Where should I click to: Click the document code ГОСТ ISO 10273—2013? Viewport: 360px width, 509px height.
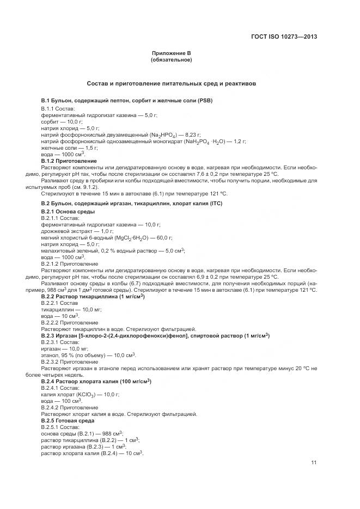click(284, 37)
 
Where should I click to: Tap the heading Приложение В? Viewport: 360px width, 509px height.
click(172, 53)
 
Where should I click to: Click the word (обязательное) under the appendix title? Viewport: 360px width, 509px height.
click(172, 59)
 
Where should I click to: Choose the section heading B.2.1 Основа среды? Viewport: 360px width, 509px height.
click(68, 211)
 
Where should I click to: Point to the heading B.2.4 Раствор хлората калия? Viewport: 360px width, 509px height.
click(96, 381)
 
